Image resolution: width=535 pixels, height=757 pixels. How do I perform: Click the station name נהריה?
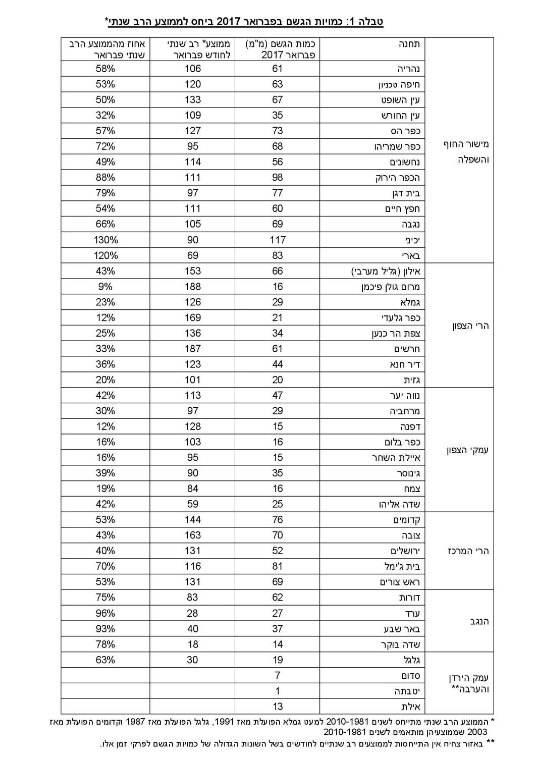coord(408,69)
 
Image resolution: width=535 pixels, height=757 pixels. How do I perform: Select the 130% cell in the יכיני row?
coord(105,240)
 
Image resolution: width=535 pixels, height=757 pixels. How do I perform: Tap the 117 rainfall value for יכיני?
coord(277,240)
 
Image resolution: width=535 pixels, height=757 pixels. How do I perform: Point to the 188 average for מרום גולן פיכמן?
coord(192,287)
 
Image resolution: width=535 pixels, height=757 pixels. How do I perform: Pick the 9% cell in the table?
coord(105,287)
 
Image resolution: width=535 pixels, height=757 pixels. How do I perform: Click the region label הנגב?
coord(479,621)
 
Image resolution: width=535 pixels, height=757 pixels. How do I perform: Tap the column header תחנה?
coord(410,44)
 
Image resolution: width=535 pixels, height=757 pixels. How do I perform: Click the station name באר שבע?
coord(405,629)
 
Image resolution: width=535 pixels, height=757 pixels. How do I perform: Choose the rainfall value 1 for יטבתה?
coord(277,691)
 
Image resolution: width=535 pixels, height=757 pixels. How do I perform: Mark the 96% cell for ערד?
coord(105,613)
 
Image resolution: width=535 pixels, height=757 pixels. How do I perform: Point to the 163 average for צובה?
coord(192,535)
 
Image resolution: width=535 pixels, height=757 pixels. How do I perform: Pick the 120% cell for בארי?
coord(105,255)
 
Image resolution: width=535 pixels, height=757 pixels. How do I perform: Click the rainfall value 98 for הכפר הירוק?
coord(277,178)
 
